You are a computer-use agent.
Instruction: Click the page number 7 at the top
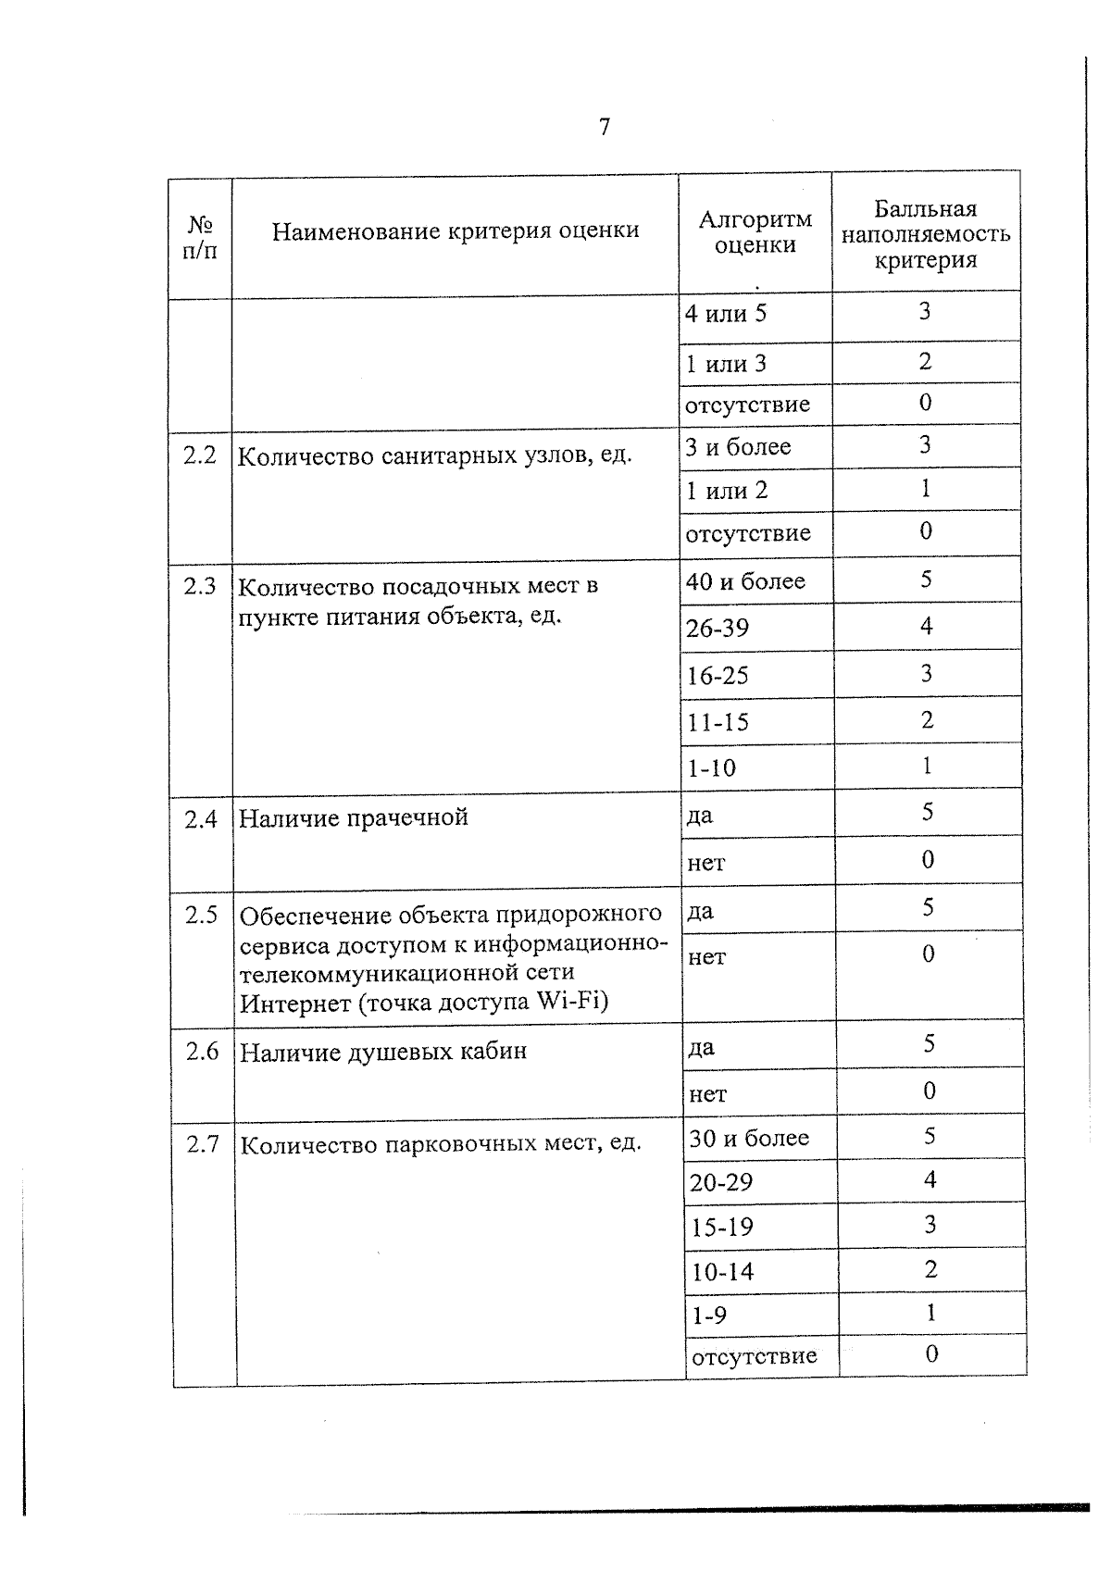(x=605, y=127)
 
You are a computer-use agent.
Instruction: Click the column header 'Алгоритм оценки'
(x=755, y=232)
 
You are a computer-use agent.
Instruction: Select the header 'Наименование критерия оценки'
(x=456, y=231)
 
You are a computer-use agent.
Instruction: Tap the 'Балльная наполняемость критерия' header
(x=925, y=234)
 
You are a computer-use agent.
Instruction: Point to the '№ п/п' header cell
(x=200, y=238)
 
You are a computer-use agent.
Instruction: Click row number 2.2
(x=200, y=455)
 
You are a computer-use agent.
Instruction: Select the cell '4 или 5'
(x=726, y=314)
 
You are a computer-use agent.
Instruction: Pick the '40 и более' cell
(x=745, y=581)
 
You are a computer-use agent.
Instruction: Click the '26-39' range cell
(x=718, y=629)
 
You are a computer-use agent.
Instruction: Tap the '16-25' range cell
(x=718, y=676)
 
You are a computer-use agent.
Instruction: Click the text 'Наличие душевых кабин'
(x=383, y=1053)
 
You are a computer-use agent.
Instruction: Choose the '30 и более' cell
(x=749, y=1139)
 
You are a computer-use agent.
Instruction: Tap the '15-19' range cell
(x=722, y=1228)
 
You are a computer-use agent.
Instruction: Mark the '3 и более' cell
(x=738, y=447)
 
